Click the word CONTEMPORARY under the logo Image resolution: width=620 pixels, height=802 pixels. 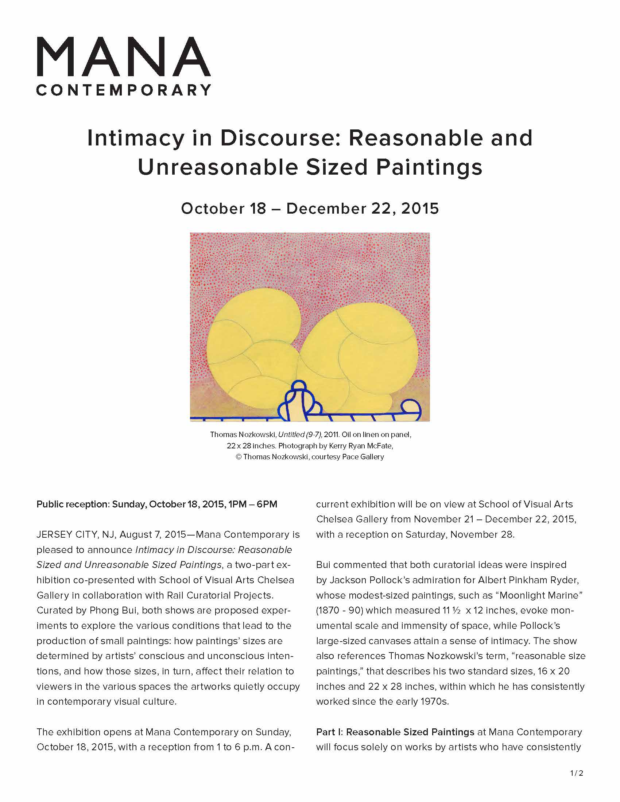tap(123, 90)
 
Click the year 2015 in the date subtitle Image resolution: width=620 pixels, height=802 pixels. tap(420, 209)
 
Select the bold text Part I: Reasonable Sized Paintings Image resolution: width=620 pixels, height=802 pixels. tap(395, 732)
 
